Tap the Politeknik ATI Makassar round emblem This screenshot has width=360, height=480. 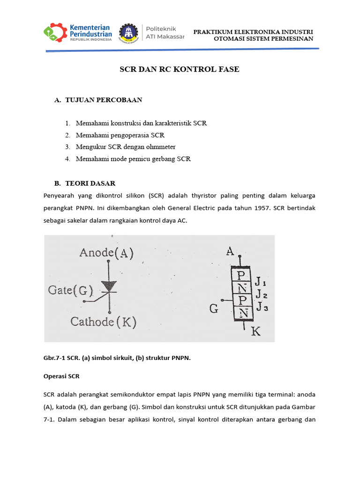click(128, 33)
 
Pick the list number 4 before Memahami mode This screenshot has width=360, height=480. click(67, 159)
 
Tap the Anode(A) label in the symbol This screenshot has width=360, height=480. click(106, 253)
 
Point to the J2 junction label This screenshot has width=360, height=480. click(261, 295)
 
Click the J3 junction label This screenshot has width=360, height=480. click(261, 307)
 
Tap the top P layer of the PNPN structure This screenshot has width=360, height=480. click(241, 274)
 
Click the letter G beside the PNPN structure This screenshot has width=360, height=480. click(214, 309)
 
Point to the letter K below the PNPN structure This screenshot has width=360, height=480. click(256, 332)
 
